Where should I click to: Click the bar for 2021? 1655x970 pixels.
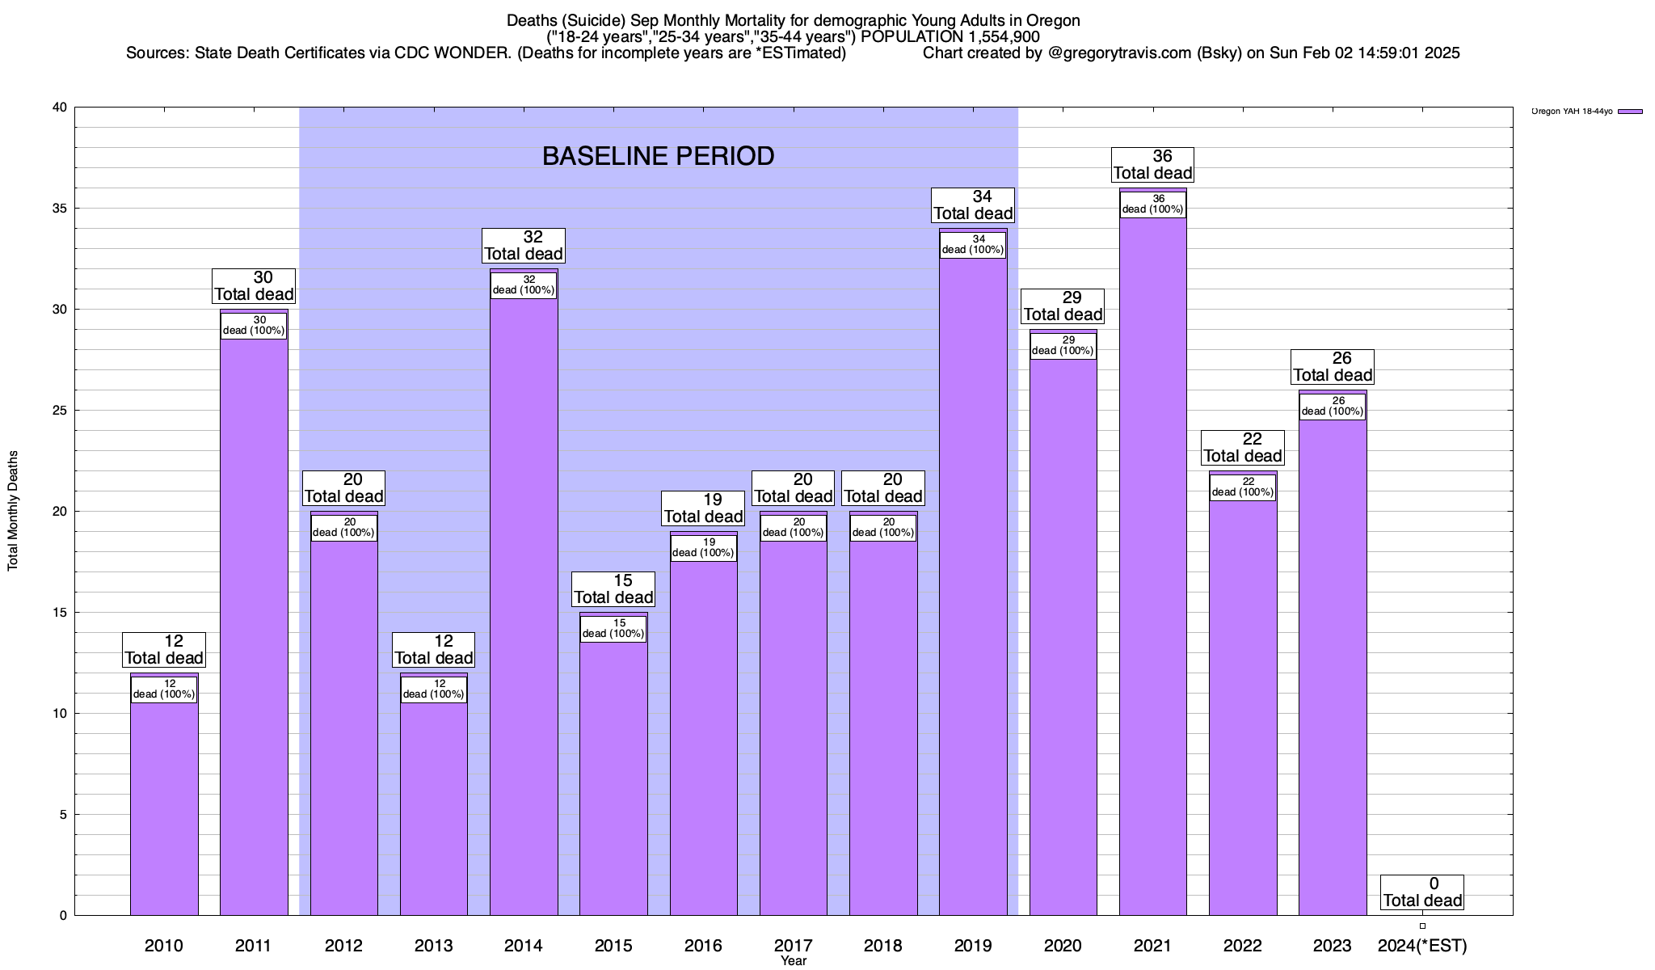click(x=1152, y=566)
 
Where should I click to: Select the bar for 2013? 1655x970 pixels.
click(x=434, y=808)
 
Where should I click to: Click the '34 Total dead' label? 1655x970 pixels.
click(x=973, y=205)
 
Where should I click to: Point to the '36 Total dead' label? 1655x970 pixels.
click(x=1153, y=165)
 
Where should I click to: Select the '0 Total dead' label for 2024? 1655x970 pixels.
click(x=1422, y=892)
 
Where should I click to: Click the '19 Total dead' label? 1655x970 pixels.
click(x=703, y=508)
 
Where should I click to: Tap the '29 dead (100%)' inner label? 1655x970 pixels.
click(x=1063, y=345)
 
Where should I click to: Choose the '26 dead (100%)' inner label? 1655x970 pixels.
click(x=1333, y=406)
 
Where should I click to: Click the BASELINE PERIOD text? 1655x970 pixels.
click(x=658, y=156)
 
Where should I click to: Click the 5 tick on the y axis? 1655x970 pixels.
click(x=64, y=815)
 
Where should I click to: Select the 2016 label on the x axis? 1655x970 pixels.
click(x=703, y=946)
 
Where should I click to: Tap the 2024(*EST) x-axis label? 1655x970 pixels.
click(x=1422, y=946)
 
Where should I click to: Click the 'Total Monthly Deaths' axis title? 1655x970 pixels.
click(x=13, y=511)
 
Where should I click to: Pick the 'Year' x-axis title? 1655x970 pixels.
click(x=794, y=961)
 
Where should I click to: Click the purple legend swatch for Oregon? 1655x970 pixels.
click(x=1630, y=112)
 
